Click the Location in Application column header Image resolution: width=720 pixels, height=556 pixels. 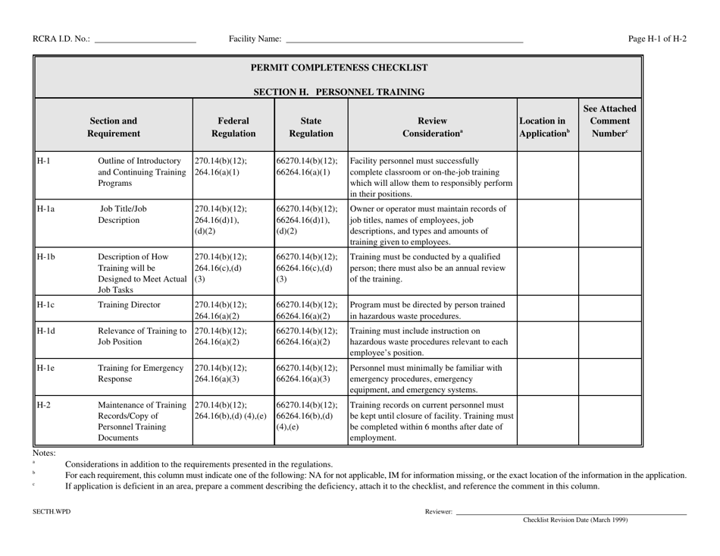(546, 124)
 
